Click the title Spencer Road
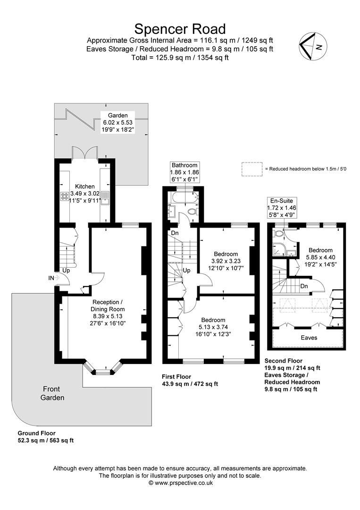[x=180, y=29]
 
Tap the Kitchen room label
[x=85, y=187]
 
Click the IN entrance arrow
[x=53, y=278]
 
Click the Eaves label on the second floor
[x=309, y=338]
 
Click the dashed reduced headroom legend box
[x=251, y=169]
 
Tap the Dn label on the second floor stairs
[x=304, y=286]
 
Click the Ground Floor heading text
[x=36, y=433]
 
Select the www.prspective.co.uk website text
[x=180, y=483]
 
